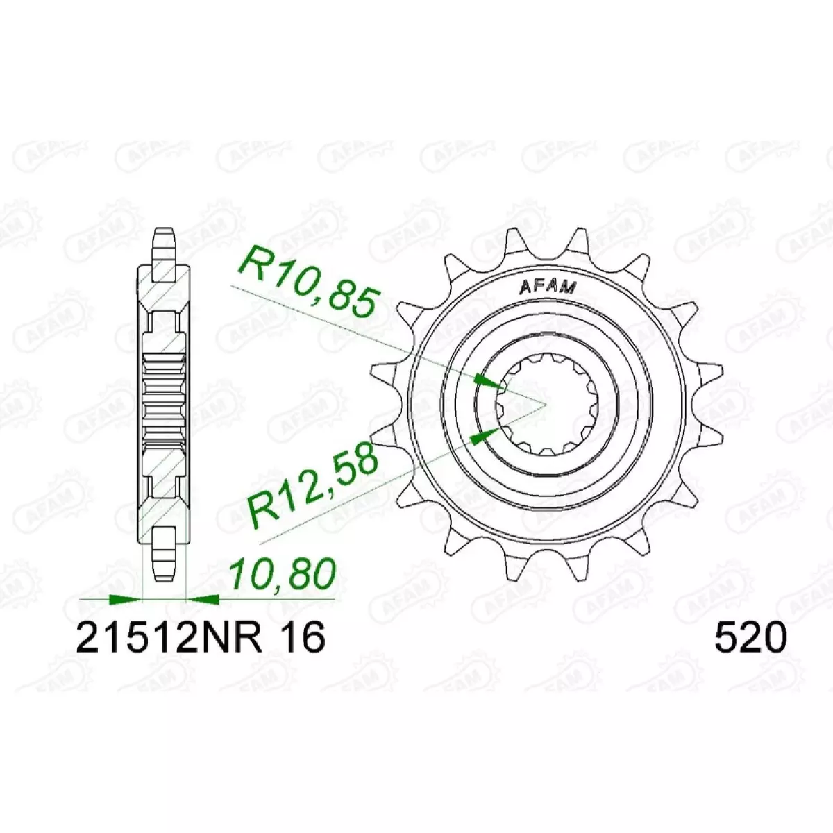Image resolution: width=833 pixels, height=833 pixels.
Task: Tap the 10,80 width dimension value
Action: tap(283, 575)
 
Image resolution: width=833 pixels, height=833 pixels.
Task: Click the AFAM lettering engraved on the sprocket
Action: tap(548, 287)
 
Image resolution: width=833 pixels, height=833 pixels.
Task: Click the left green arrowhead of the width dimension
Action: tap(126, 600)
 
